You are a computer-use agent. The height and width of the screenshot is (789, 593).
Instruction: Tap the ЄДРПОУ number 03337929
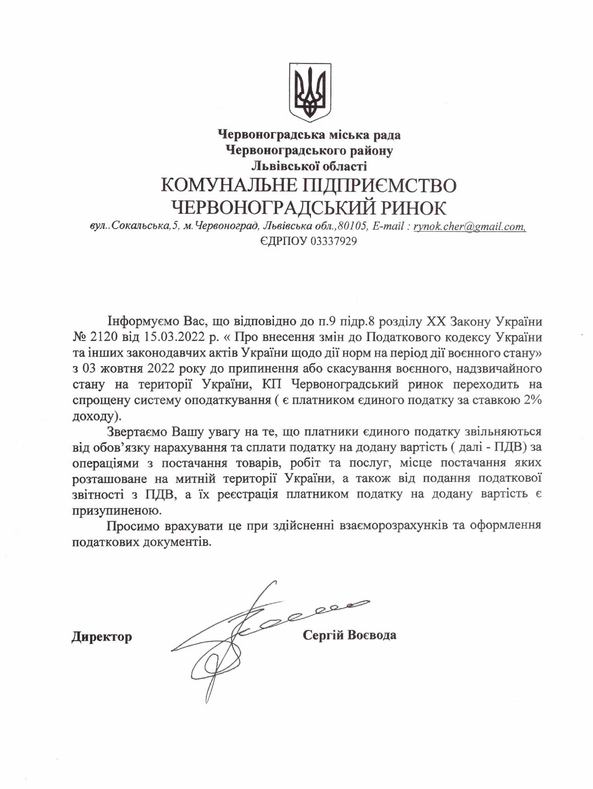pyautogui.click(x=334, y=242)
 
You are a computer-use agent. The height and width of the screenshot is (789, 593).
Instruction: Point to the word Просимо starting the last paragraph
pyautogui.click(x=133, y=526)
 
